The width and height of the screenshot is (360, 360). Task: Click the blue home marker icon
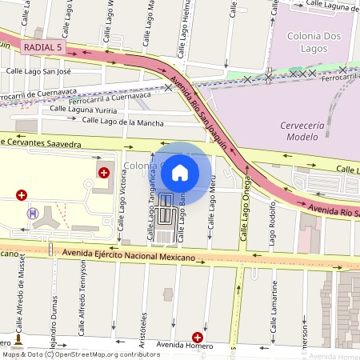180,172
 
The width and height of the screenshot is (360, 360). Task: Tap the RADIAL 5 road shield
42,48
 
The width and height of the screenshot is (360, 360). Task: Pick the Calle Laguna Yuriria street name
83,109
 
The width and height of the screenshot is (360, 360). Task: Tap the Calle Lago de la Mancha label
122,122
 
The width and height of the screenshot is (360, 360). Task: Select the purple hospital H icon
32,213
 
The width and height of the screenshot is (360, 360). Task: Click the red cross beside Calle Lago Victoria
104,172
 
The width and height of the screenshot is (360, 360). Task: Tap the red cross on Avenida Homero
198,338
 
